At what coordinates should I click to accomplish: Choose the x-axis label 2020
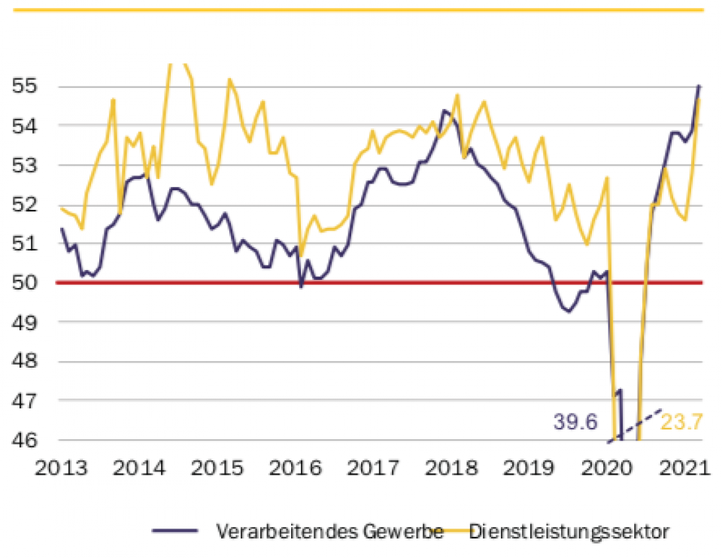tap(611, 468)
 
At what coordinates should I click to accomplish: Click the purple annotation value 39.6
tap(575, 422)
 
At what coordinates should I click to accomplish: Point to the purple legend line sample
tap(175, 531)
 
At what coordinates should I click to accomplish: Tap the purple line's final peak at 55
tap(699, 86)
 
